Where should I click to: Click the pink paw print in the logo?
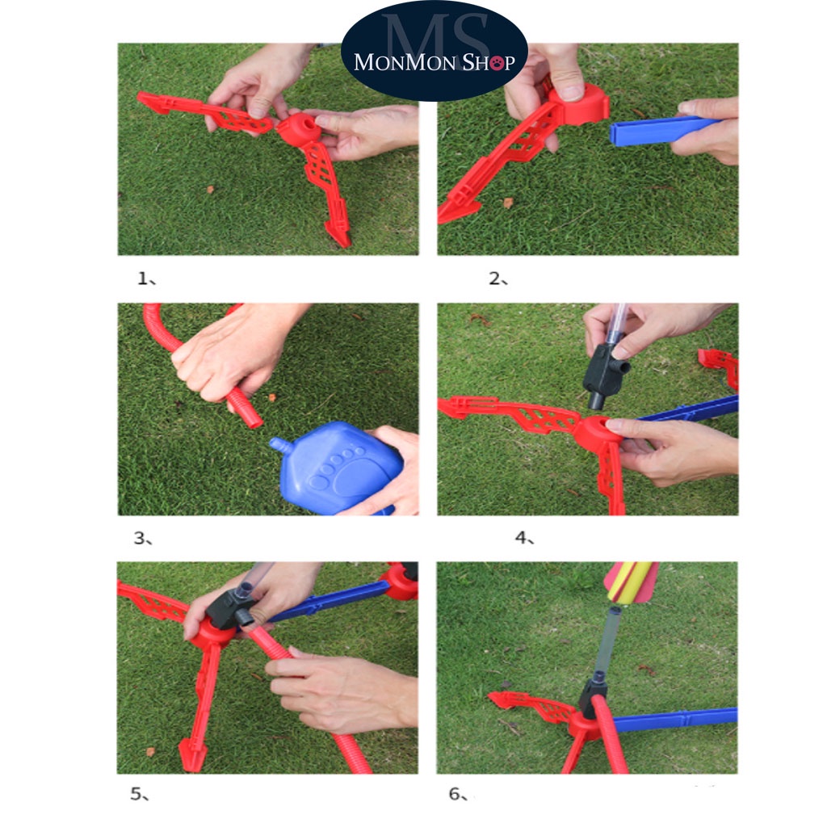tap(497, 63)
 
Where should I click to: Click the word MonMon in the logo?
tap(405, 62)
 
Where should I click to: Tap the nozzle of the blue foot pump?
tap(278, 444)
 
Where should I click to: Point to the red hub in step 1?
tap(299, 128)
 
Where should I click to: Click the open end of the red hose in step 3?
tap(254, 419)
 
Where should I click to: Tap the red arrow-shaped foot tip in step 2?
tap(456, 210)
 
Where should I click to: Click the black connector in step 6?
tap(592, 697)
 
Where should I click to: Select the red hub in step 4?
tap(595, 434)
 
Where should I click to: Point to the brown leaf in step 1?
tap(210, 189)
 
